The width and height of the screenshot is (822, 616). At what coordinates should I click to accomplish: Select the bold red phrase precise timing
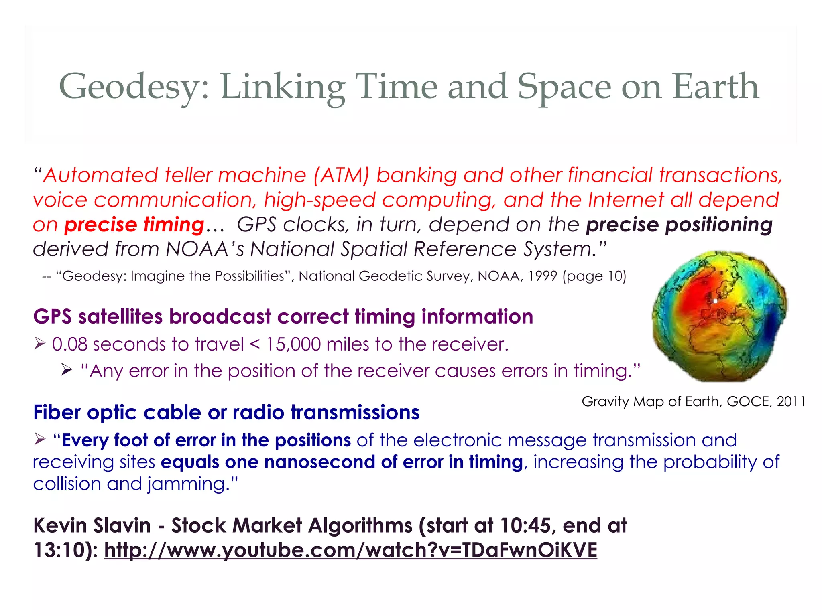pyautogui.click(x=134, y=225)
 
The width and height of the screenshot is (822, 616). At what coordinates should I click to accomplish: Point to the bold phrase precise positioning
pyautogui.click(x=679, y=225)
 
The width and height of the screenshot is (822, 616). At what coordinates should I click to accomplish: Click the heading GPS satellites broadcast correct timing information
pyautogui.click(x=283, y=317)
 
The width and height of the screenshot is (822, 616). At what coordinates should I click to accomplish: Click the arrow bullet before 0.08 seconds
pyautogui.click(x=39, y=343)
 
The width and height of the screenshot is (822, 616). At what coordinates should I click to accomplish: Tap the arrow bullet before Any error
pyautogui.click(x=67, y=370)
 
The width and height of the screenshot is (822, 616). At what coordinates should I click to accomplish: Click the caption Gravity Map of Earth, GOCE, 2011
pyautogui.click(x=693, y=401)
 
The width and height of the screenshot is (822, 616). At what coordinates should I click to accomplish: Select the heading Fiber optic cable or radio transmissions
pyautogui.click(x=226, y=413)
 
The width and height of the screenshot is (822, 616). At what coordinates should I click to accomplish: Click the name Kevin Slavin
pyautogui.click(x=92, y=525)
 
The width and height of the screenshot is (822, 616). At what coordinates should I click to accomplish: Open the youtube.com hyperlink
pyautogui.click(x=350, y=550)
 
